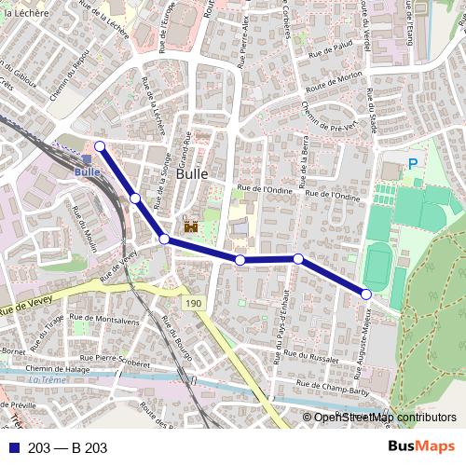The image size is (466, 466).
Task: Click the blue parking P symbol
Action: (x=412, y=164)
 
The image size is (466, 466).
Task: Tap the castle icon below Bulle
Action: (x=192, y=226)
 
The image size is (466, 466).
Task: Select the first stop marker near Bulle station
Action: (x=99, y=145)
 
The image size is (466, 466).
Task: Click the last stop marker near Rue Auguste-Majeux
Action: (x=366, y=295)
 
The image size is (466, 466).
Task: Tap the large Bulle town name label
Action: (x=192, y=173)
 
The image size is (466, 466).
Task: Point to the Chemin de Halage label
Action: (x=60, y=368)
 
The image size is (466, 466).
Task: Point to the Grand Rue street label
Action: (x=185, y=148)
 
